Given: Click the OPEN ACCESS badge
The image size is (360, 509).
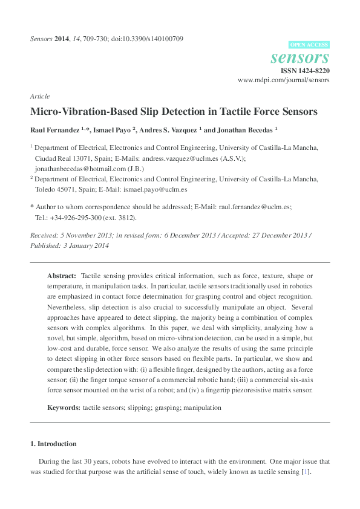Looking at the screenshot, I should tap(310, 45).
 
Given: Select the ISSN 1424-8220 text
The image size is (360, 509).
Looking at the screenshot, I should tap(306, 71).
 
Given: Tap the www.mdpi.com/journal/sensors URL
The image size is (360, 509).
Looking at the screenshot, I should tap(284, 80).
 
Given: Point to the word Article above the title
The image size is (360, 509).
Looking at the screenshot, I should tap(39, 97).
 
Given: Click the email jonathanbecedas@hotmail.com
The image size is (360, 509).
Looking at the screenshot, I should tap(73, 169).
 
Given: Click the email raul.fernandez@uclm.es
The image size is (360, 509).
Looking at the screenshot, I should tap(255, 207).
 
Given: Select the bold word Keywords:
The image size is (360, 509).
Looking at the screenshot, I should tap(64, 408).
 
